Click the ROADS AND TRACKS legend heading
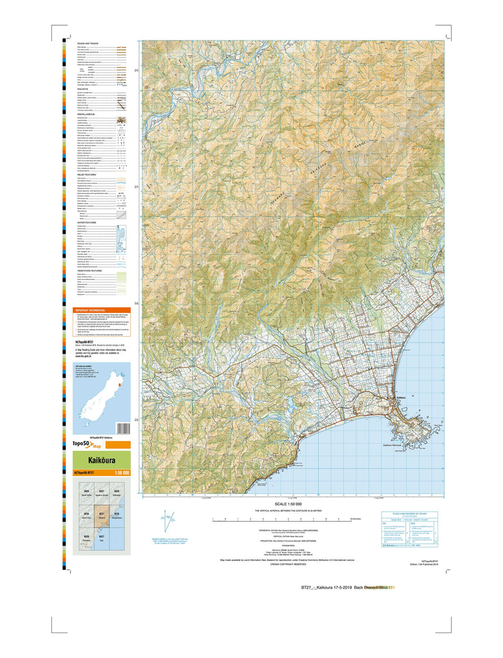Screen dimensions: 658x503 (x=88, y=43)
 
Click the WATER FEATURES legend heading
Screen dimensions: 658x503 (x=87, y=222)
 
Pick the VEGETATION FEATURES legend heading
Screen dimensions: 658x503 (x=89, y=271)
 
